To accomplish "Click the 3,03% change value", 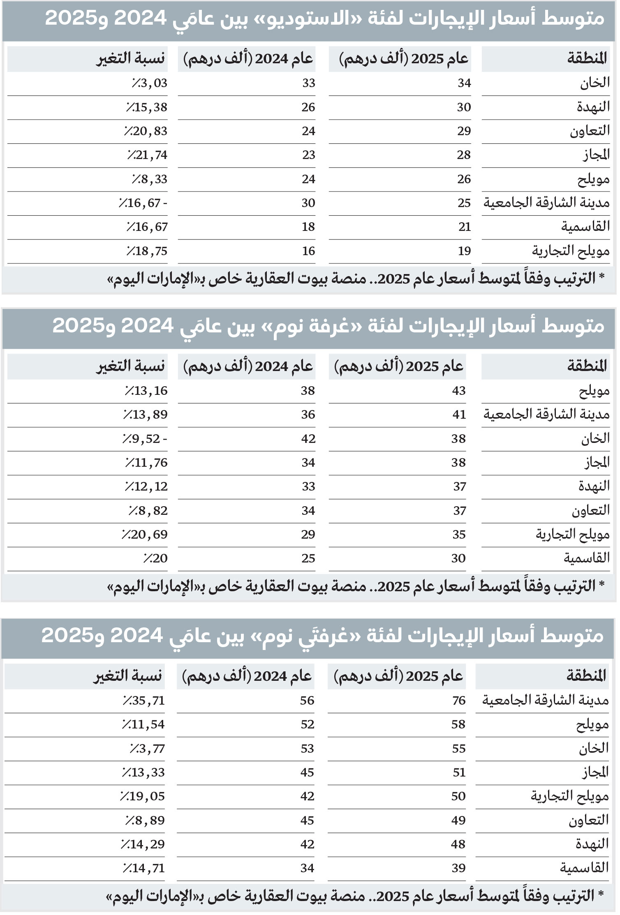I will [x=149, y=83].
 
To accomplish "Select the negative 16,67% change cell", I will [x=143, y=203].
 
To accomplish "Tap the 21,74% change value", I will [x=147, y=155].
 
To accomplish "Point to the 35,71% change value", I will [x=143, y=701].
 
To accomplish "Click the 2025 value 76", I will [x=458, y=701].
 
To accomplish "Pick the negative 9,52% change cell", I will [x=144, y=439].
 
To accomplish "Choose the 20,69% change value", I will [x=144, y=535].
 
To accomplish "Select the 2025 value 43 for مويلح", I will [x=458, y=391].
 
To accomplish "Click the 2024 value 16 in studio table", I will [x=308, y=251].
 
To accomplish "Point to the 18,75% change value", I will [x=147, y=251].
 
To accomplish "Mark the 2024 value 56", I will [x=307, y=701].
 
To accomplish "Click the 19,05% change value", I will [x=142, y=796].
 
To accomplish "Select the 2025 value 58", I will [x=458, y=724].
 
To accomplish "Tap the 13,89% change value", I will [x=145, y=415].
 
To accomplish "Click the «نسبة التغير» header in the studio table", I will [x=130, y=59].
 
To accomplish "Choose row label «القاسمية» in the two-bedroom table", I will [x=584, y=868].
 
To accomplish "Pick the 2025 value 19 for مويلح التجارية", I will [x=464, y=251].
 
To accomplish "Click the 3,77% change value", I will [x=147, y=749].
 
